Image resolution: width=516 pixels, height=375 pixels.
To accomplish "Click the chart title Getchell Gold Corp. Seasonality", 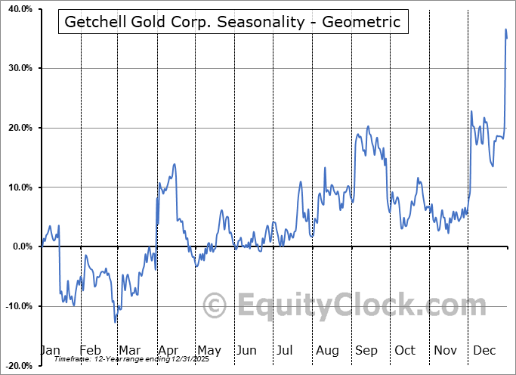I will click(x=233, y=21).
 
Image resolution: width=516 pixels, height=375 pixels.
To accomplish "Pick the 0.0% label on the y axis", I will click(x=19, y=246).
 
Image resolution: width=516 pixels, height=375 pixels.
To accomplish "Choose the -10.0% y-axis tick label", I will click(x=16, y=306).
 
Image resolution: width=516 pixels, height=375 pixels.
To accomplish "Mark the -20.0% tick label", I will click(x=16, y=366).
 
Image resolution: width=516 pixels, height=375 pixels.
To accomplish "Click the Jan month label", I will click(x=50, y=350).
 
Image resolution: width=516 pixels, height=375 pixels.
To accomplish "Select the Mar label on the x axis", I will click(x=129, y=350).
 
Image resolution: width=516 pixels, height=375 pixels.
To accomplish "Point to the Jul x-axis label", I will click(x=285, y=350).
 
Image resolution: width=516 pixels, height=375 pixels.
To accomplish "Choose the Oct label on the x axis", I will click(x=405, y=350).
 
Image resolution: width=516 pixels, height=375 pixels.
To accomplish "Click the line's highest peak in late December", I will click(x=505, y=29).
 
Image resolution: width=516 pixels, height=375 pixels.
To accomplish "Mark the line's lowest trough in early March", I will click(x=115, y=322).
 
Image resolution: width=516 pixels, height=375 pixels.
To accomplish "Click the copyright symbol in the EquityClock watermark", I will click(x=215, y=305).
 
